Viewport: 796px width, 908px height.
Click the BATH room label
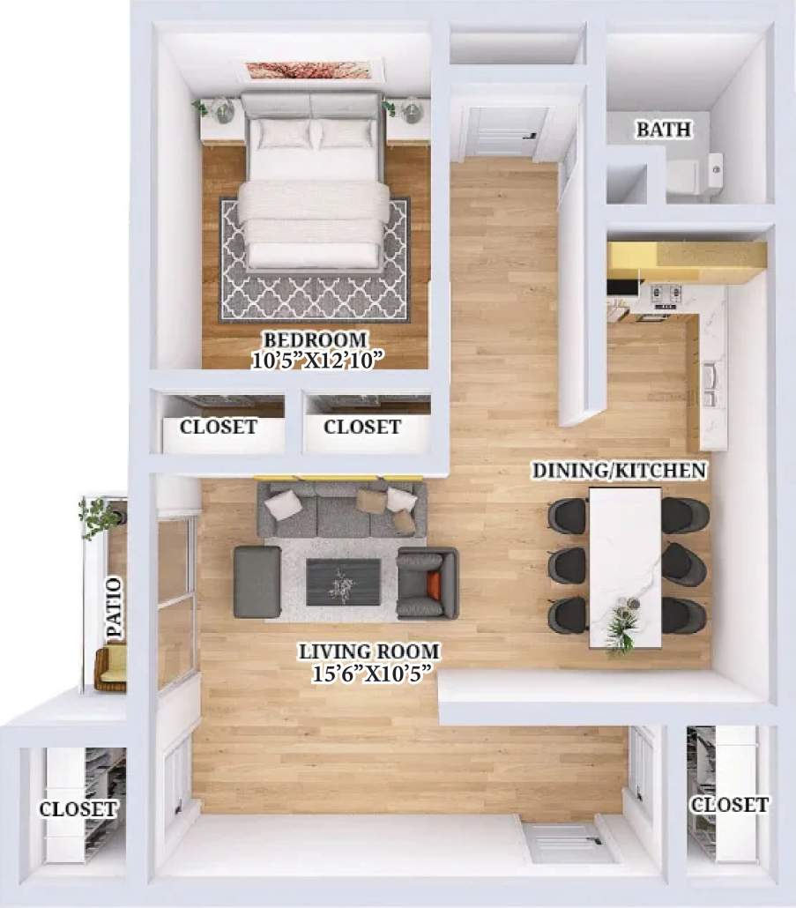pos(663,130)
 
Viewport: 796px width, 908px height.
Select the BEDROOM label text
pos(315,339)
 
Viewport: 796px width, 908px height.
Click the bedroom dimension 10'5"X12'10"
pos(315,360)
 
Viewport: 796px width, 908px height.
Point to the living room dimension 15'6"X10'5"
pos(369,674)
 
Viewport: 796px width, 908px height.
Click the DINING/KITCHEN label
pos(619,471)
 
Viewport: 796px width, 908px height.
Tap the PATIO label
pos(113,608)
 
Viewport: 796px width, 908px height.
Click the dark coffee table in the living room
pos(343,582)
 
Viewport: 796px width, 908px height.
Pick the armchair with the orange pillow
pos(428,583)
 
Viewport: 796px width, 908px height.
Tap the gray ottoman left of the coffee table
pos(257,582)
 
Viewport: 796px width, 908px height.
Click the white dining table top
pos(625,555)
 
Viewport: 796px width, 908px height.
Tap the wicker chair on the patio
pos(110,667)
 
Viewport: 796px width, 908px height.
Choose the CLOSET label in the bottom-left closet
pos(78,808)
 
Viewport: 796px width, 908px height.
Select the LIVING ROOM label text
pos(369,652)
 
